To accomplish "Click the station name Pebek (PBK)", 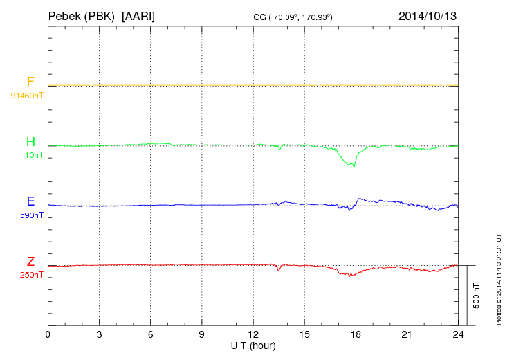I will tap(76, 15).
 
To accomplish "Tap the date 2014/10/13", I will tap(427, 15).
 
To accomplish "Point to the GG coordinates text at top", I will tap(293, 16).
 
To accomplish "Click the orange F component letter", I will tap(30, 82).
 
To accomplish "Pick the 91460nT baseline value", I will tap(27, 95).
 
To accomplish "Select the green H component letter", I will tap(30, 143).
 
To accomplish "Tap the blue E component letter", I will tap(30, 202).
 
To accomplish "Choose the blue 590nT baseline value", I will tap(30, 215).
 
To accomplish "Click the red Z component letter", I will tap(30, 262).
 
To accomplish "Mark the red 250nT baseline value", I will tap(30, 274).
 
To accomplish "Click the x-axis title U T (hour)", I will tap(253, 345).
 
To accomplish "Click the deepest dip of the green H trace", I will tap(353, 166).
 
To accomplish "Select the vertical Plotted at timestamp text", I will tap(498, 279).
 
